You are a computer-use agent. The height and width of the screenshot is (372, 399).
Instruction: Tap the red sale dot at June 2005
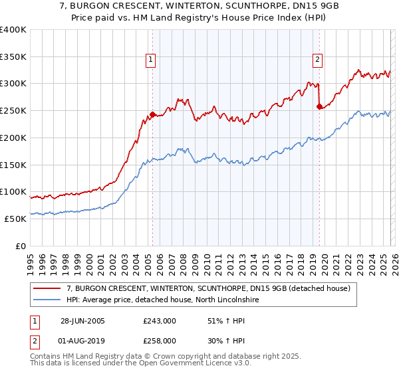[152, 114]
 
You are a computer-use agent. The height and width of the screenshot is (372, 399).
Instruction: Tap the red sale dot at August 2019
[319, 106]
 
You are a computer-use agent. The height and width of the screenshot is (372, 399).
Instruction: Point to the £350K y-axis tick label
[13, 57]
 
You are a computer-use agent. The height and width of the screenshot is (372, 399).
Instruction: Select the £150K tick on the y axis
[13, 165]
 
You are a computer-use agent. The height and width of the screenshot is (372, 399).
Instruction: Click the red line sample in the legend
[47, 289]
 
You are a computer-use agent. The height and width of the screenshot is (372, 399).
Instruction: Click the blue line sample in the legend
[47, 300]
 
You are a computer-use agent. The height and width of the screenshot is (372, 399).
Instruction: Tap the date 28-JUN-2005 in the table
[82, 321]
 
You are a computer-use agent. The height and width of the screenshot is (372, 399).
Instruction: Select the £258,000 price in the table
[160, 341]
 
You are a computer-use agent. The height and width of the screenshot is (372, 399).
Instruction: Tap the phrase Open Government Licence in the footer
[180, 363]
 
